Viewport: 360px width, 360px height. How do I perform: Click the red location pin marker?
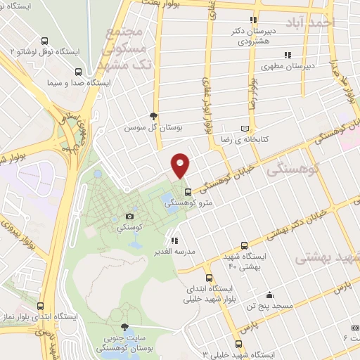click(x=181, y=166)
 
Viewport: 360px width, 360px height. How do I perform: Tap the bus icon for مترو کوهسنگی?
click(x=187, y=191)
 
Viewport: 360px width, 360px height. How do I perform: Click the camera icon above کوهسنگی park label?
click(x=129, y=216)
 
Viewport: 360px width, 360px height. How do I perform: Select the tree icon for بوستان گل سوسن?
click(x=154, y=117)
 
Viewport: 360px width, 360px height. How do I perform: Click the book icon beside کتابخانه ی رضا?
click(x=245, y=128)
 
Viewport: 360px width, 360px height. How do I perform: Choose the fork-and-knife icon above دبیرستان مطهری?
click(x=287, y=55)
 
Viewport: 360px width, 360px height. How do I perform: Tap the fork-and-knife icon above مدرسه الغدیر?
click(x=174, y=240)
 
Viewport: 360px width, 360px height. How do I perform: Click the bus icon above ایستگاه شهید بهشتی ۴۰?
click(x=243, y=246)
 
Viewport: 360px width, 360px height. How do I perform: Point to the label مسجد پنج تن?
click(x=268, y=306)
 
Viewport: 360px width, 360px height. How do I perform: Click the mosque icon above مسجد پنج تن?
click(x=268, y=295)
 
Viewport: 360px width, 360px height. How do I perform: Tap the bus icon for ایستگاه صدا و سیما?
click(x=77, y=72)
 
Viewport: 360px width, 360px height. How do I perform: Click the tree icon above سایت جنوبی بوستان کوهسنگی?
click(x=125, y=328)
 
